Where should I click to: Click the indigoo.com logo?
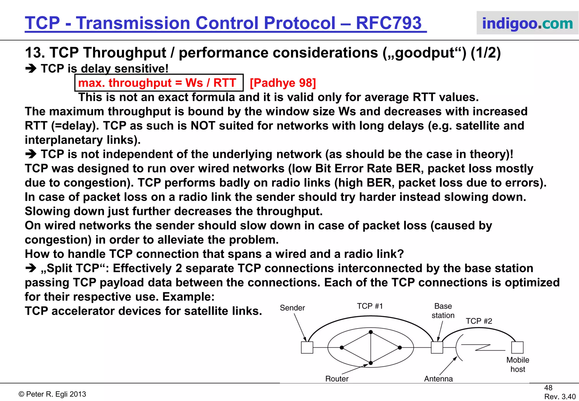point(527,23)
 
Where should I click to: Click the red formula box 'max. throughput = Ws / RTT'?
point(159,83)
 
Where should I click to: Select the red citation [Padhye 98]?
point(283,83)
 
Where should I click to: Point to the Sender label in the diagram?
point(292,308)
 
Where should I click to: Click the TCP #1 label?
point(370,306)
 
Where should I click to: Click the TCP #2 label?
point(479,321)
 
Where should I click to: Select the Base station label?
point(443,311)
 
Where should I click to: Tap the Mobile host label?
point(518,365)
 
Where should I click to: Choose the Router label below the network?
point(337,379)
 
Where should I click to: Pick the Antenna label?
point(438,379)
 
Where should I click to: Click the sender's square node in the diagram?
point(307,348)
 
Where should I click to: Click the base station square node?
point(437,348)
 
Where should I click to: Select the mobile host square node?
point(517,347)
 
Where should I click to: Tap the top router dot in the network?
point(371,332)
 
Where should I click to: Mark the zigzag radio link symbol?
point(483,348)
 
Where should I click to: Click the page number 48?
point(548,388)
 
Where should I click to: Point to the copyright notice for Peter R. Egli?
point(52,394)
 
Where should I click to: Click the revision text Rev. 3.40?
point(560,396)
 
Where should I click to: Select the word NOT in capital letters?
point(203,126)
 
